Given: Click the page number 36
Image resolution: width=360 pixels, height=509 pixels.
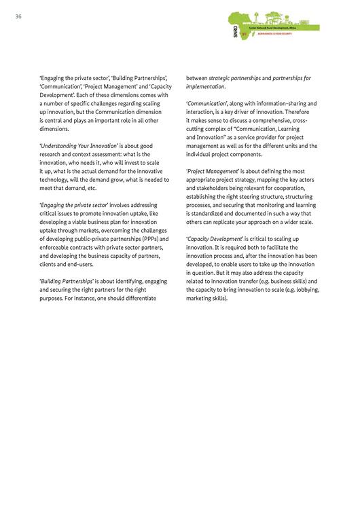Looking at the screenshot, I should click(19, 17).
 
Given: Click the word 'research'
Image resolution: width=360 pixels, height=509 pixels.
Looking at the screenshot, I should click(52, 154).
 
